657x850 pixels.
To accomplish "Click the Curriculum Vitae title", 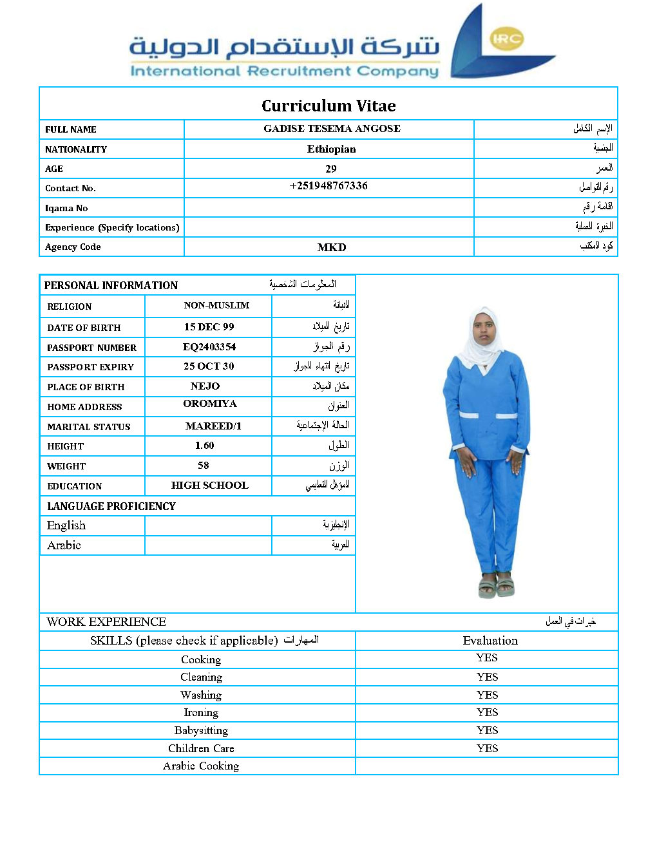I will coord(328,106).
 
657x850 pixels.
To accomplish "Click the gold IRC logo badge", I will coord(506,39).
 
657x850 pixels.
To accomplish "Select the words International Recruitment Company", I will coord(284,71).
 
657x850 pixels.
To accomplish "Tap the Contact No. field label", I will coord(70,188).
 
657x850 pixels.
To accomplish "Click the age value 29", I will coord(331,169).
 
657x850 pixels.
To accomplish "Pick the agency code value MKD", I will coord(332,247).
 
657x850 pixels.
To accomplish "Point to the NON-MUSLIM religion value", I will coord(216,305).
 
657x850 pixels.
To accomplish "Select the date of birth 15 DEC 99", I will coord(209,326).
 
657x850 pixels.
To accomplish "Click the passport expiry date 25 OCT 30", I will coord(209,366).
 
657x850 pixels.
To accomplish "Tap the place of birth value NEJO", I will coord(205,386).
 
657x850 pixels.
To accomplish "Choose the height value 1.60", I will coord(204,445).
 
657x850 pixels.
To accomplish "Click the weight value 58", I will coord(204,465).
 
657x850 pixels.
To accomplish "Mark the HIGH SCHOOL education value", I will coord(209,485).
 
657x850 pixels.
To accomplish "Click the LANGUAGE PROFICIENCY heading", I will coord(111,506).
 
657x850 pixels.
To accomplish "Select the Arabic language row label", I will coord(64,545).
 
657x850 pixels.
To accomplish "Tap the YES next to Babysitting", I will coord(487,730).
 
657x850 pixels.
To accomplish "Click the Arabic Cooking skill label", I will coord(201,766).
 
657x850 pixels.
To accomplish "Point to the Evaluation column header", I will coord(490,640).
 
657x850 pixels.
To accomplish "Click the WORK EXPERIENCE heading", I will coord(106,621).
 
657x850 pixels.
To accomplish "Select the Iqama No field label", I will coord(66,208).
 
